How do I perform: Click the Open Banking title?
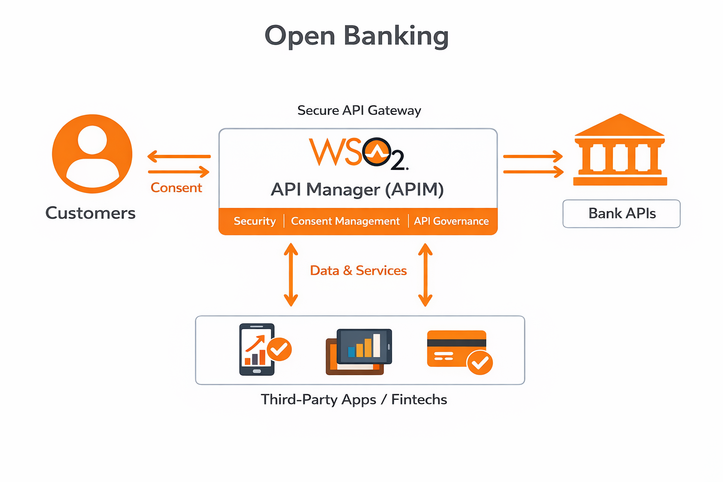coord(356,36)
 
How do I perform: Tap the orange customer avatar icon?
coord(92,153)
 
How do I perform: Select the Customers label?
coord(90,213)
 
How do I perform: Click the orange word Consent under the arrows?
coord(176,188)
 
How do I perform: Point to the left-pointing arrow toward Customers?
coord(179,156)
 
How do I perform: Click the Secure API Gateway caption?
coord(359,111)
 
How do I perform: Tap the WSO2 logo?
coord(358,153)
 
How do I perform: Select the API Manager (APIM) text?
coord(357,190)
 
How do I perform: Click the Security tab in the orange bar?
coord(255,221)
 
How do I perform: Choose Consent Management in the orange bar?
coord(345,221)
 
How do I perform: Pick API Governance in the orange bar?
coord(451,221)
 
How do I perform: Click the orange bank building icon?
coord(620,151)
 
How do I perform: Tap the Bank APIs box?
coord(621,214)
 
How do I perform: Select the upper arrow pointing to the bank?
coord(533,156)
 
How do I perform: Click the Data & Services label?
coord(358,271)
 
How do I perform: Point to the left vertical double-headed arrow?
coord(291,274)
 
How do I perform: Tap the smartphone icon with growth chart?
coord(257,349)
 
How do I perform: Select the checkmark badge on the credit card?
coord(480,362)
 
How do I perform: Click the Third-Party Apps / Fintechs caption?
coord(354,400)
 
